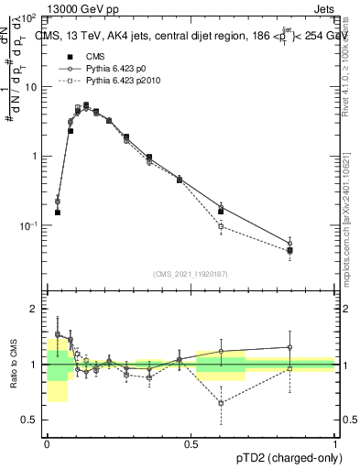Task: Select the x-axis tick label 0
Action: click(x=47, y=443)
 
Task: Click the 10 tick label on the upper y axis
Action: click(x=30, y=86)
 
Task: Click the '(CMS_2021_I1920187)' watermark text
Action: click(x=191, y=273)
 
